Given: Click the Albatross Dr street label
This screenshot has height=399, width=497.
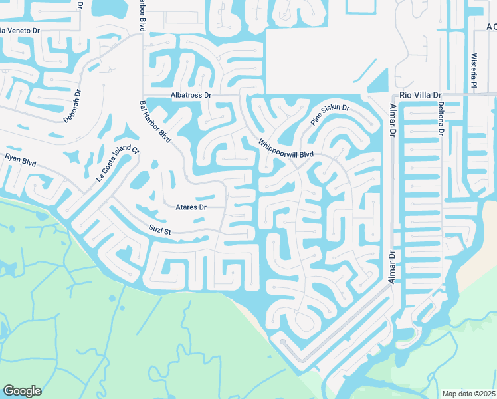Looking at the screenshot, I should click(x=190, y=96).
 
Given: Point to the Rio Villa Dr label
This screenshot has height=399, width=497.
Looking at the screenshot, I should click(x=421, y=96).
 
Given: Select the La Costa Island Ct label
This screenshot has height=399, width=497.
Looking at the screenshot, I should click(x=117, y=164).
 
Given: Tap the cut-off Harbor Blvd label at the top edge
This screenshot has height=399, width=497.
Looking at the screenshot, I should click(x=142, y=15).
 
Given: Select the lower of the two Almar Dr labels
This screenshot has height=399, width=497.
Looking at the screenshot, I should click(x=392, y=268).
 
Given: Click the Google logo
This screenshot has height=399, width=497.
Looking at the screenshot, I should click(x=22, y=391).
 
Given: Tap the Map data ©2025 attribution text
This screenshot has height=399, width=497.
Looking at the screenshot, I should click(x=469, y=394).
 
